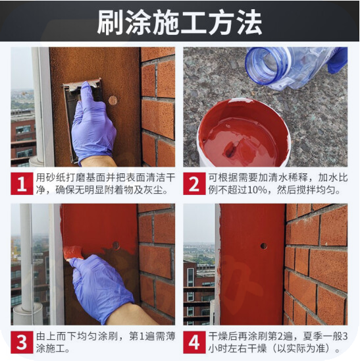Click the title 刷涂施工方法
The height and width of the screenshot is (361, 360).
point(180,22)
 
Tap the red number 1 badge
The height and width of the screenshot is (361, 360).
point(22,184)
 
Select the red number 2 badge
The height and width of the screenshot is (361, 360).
point(194,184)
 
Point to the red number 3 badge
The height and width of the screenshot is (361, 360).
point(22,343)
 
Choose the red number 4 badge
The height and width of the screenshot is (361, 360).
point(194,343)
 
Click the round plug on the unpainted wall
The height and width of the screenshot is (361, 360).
point(113,100)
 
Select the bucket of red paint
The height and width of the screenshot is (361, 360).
point(244,133)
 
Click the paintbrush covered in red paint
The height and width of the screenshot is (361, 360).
point(73,253)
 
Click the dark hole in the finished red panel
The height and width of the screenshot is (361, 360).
point(264,246)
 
